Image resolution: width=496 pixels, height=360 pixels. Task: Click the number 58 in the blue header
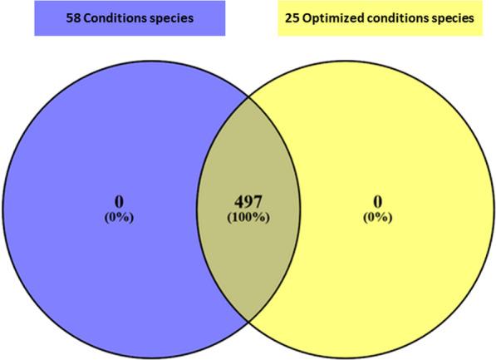[72, 17]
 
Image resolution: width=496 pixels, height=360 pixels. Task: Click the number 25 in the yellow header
[282, 17]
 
